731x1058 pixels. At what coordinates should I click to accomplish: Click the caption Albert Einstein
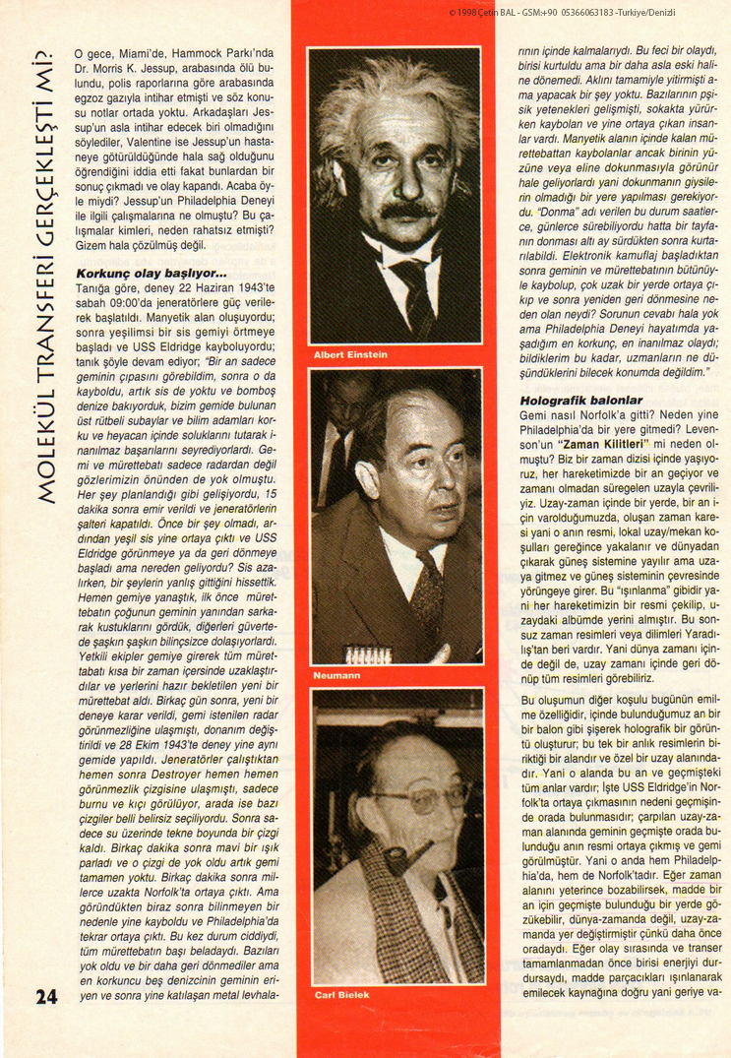coord(350,354)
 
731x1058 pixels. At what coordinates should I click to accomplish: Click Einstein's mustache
coord(406,210)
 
